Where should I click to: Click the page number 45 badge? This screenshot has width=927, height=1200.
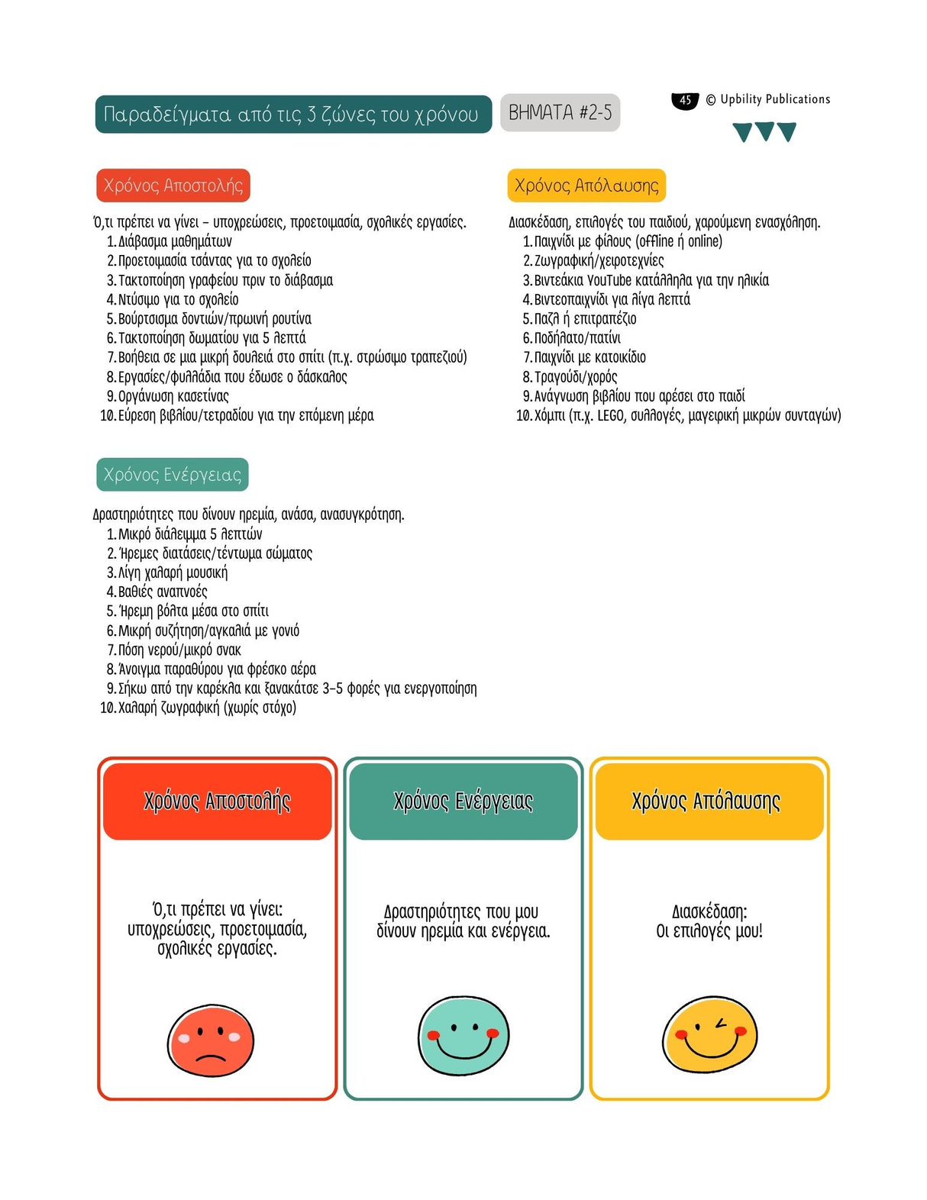(685, 100)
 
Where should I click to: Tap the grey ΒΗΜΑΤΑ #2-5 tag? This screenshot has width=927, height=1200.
(560, 113)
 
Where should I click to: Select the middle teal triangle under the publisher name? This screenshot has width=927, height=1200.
(764, 131)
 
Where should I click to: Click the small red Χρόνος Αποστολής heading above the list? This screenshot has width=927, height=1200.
(173, 185)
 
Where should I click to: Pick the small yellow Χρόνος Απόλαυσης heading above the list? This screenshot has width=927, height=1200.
(586, 185)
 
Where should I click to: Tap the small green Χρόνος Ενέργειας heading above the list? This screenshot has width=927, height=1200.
(173, 475)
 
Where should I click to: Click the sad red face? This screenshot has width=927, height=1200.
(211, 1040)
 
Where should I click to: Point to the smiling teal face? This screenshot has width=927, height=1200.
(463, 1036)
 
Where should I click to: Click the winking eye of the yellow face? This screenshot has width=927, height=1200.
(721, 1024)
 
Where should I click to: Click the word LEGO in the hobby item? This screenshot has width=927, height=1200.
(610, 415)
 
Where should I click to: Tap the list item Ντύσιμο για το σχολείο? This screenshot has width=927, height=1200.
(178, 299)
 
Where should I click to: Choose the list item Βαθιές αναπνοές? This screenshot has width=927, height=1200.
(163, 592)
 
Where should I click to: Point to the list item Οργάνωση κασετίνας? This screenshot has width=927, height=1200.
(173, 396)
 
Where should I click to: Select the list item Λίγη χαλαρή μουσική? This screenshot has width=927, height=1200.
(173, 573)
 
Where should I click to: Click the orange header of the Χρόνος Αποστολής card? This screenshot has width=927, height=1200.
(218, 802)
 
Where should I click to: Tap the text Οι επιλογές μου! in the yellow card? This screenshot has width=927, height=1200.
(709, 931)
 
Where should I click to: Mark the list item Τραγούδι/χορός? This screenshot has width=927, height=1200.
(576, 377)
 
